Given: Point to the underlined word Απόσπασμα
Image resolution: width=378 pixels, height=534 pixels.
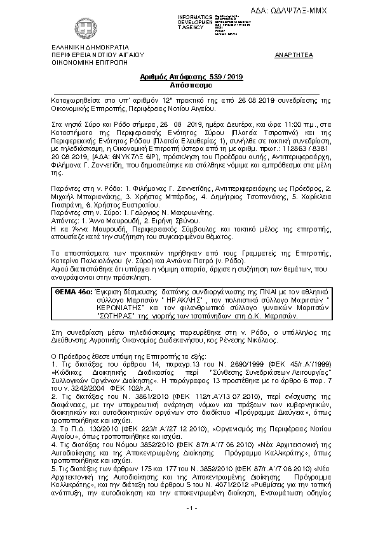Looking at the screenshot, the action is (189, 83).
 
